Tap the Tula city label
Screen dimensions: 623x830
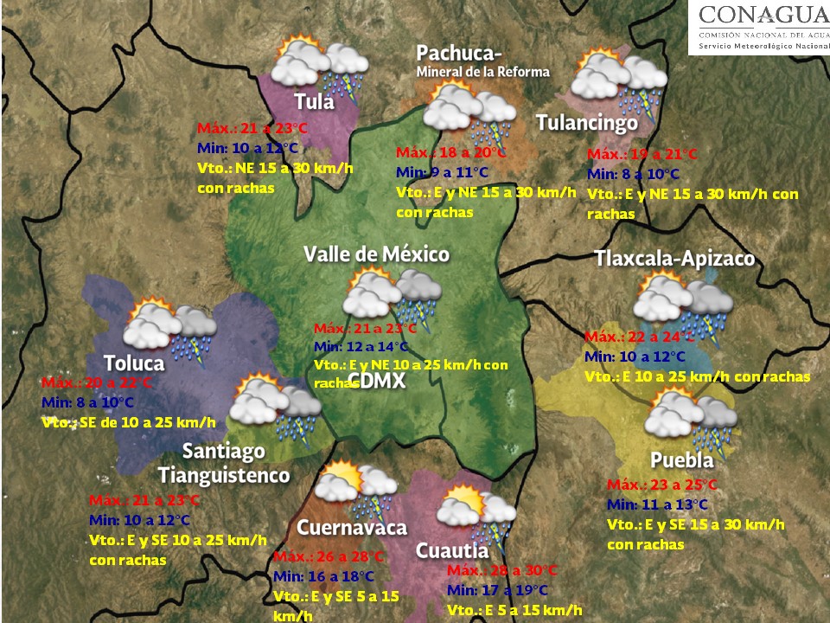click(x=314, y=100)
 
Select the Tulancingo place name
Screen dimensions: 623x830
click(x=587, y=123)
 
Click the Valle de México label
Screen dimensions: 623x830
click(x=376, y=254)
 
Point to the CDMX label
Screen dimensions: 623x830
click(x=377, y=381)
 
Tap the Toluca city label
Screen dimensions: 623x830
click(x=133, y=362)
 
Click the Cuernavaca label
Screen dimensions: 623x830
click(x=352, y=528)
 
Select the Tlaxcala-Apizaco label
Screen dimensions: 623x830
click(x=674, y=259)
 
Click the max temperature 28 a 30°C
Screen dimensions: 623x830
click(x=503, y=571)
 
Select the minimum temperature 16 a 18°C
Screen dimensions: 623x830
click(x=323, y=576)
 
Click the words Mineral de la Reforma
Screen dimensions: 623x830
click(x=482, y=72)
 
